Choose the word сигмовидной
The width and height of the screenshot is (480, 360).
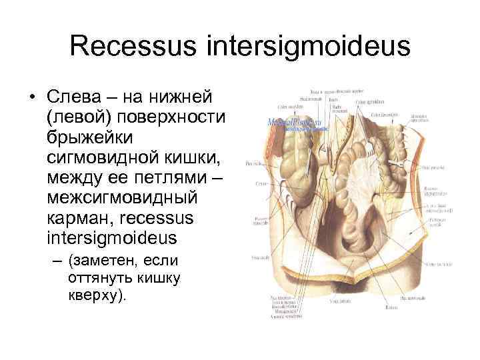pos(99,158)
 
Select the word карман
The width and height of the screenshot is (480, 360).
pos(75,218)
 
